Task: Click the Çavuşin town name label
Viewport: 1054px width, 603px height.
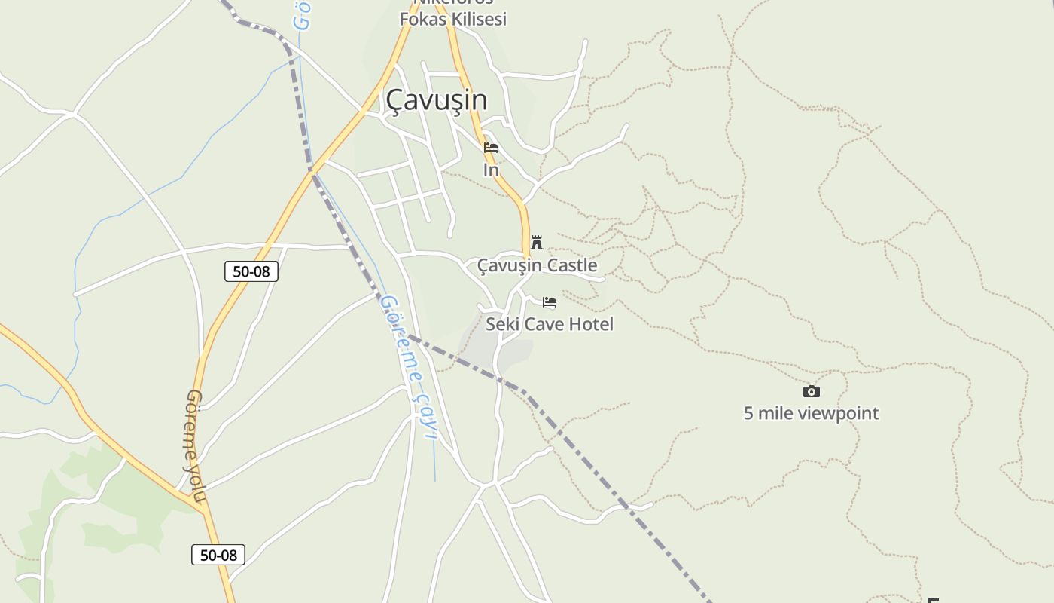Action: point(436,100)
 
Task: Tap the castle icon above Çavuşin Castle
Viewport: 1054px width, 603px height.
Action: point(537,243)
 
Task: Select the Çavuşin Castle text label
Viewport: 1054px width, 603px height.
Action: point(537,265)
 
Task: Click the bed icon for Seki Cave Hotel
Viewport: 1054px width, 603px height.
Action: point(550,302)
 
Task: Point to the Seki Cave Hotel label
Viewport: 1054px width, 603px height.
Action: point(549,324)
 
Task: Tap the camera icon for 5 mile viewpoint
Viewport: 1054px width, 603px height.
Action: point(811,391)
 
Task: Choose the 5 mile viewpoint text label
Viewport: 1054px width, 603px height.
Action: point(811,413)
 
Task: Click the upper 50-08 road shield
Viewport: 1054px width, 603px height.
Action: point(251,271)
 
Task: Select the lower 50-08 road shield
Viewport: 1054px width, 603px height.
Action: point(218,556)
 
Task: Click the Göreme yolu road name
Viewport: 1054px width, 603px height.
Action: point(195,446)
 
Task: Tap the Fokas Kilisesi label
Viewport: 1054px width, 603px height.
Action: point(452,20)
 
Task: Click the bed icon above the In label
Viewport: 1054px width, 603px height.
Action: point(491,148)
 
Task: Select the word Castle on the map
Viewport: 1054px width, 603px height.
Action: point(572,265)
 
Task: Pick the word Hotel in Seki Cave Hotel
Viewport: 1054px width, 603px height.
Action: point(590,324)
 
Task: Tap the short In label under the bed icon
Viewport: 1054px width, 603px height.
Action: point(491,170)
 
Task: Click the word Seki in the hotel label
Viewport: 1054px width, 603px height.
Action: point(500,324)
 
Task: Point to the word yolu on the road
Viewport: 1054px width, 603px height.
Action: point(196,482)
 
